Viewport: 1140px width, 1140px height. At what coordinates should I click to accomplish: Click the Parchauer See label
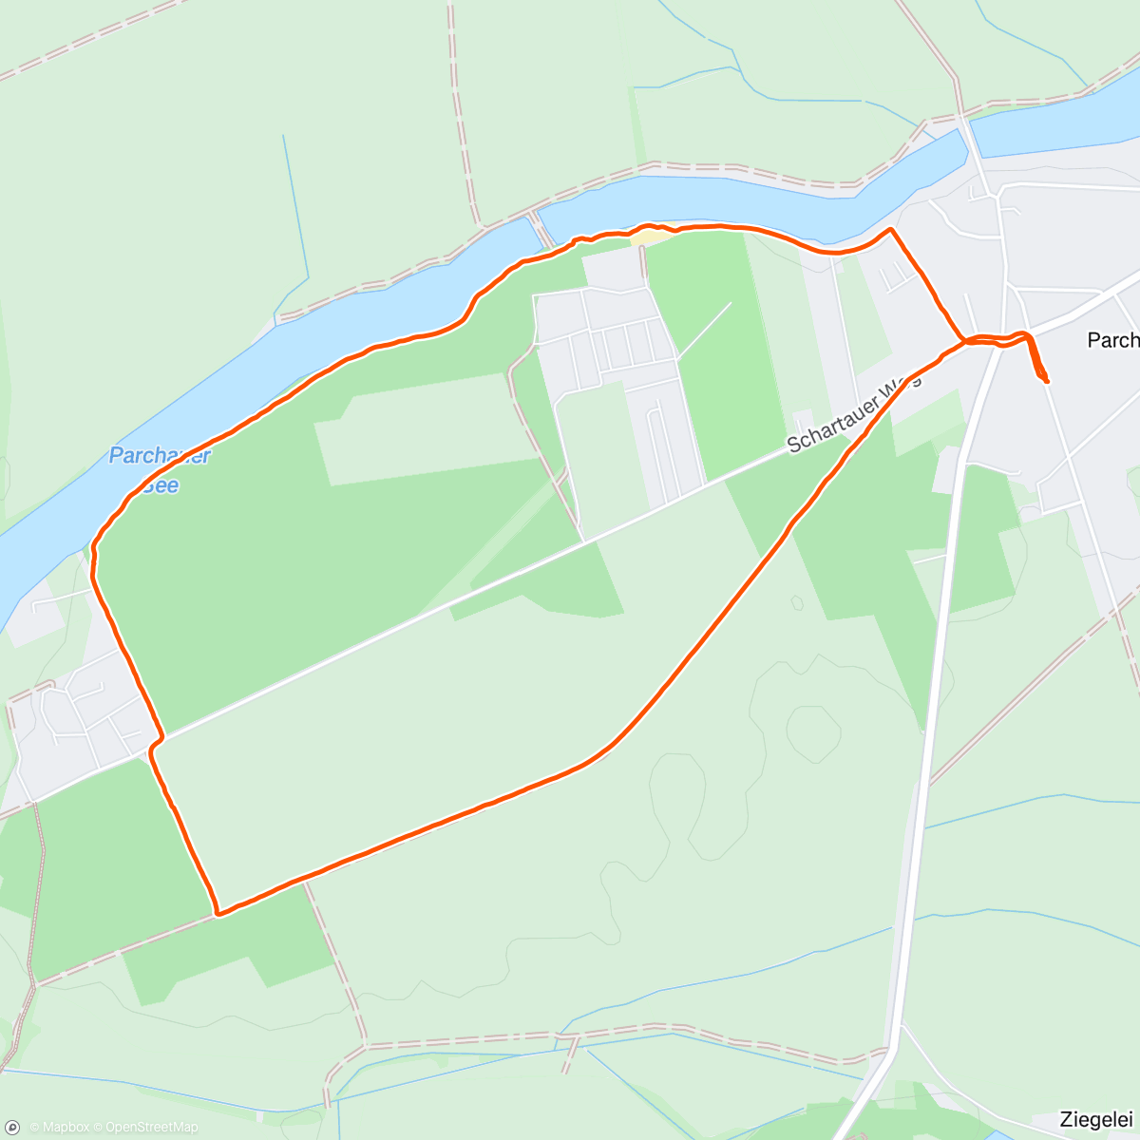click(159, 468)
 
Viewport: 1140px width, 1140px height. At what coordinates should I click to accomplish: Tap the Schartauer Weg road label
click(853, 412)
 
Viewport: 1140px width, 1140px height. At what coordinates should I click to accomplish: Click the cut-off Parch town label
click(1112, 340)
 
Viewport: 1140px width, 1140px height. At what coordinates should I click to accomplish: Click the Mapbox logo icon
click(12, 1128)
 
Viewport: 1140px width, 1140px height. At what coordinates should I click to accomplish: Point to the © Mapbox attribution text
click(59, 1128)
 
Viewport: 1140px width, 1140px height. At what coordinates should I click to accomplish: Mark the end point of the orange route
click(1046, 381)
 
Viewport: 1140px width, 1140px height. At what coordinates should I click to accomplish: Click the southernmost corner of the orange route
click(218, 914)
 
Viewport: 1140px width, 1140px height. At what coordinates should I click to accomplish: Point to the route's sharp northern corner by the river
click(890, 230)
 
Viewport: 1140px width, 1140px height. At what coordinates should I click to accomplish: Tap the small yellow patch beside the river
click(643, 234)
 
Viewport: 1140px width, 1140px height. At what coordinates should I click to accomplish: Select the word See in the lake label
click(162, 485)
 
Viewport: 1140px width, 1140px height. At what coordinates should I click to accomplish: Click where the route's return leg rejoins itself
click(965, 341)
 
